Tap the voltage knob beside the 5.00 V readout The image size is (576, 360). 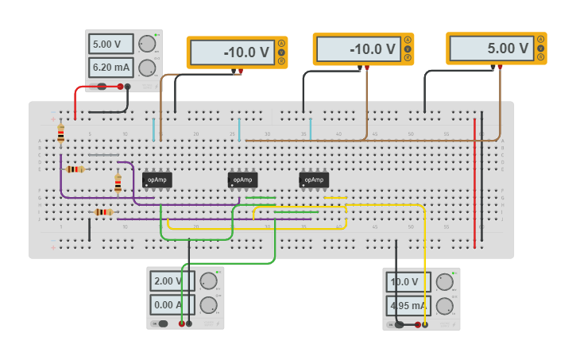[147, 44]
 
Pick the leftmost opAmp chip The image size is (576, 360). [157, 180]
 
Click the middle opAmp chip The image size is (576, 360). [242, 180]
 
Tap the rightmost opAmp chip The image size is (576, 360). [314, 180]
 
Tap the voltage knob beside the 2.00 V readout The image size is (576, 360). [208, 281]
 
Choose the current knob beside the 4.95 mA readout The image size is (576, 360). [444, 305]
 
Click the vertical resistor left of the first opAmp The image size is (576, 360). [118, 184]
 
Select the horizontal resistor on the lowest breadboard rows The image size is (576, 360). [102, 212]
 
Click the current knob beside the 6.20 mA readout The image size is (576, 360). [147, 68]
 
